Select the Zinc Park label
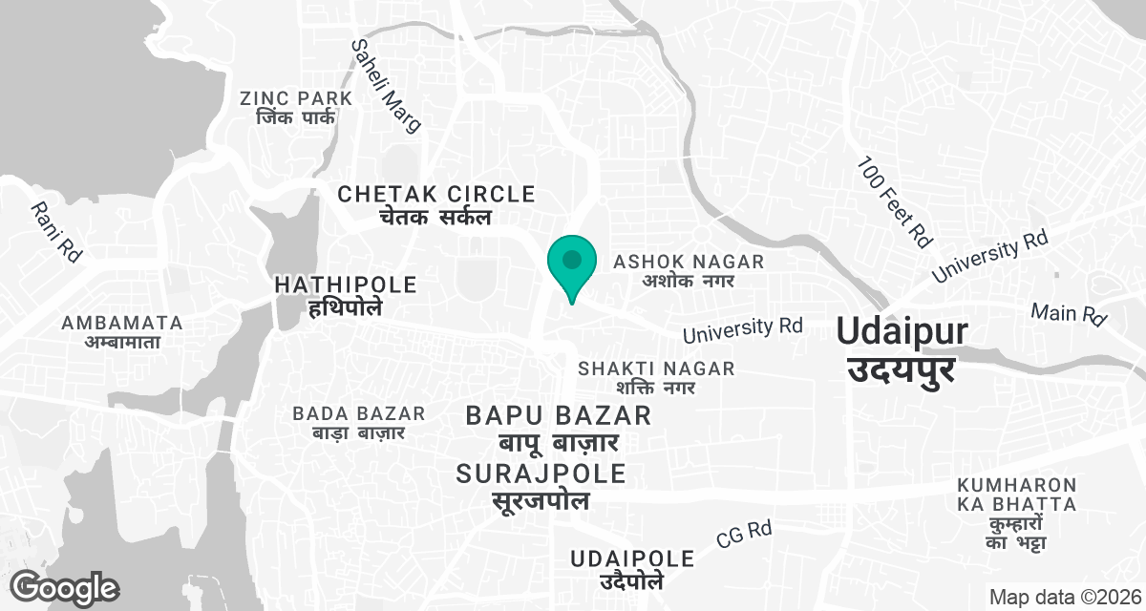coord(296,108)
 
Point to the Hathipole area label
coord(346,295)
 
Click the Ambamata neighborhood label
coord(121,331)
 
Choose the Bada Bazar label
coord(359,423)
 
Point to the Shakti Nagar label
coord(657,378)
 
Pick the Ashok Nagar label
coord(689,270)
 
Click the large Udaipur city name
coord(902,348)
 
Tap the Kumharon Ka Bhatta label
coord(1017,514)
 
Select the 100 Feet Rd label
coord(894,201)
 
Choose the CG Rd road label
coord(744,535)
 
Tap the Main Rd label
coord(1068,312)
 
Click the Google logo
coord(65,587)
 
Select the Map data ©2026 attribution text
coord(1064,597)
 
